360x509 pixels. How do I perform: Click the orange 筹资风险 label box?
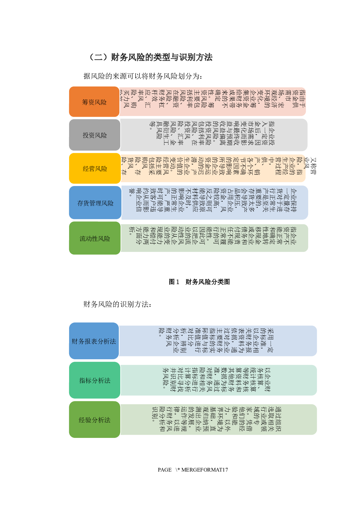(94, 102)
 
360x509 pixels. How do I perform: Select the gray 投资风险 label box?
(95, 135)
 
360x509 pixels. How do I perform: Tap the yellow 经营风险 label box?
(95, 169)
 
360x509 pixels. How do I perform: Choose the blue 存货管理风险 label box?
(95, 203)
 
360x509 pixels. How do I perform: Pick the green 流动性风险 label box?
(95, 238)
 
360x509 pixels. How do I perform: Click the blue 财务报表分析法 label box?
(94, 341)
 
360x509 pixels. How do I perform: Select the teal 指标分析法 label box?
(95, 380)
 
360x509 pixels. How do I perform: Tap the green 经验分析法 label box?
(95, 420)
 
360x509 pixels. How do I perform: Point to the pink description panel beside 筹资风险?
(213, 102)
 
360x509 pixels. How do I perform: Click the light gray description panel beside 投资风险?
(214, 135)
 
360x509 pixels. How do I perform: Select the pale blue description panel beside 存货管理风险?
(214, 203)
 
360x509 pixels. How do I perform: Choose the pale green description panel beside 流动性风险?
(214, 238)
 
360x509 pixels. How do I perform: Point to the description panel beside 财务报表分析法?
(218, 341)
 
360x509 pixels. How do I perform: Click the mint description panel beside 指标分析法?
(218, 380)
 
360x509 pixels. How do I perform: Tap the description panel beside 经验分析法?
(218, 420)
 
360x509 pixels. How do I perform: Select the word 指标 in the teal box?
(85, 380)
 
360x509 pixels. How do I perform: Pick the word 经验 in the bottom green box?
(85, 420)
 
